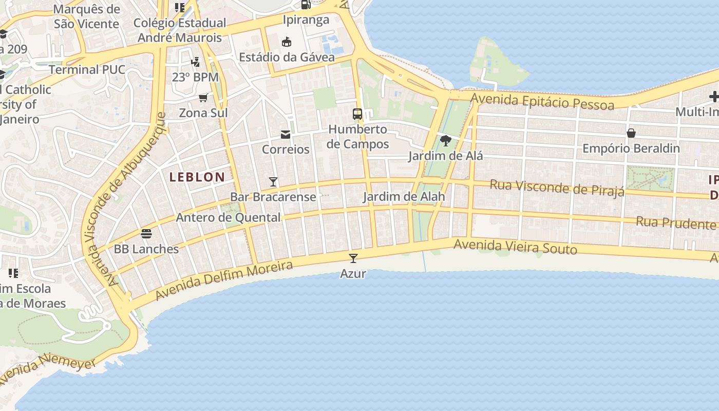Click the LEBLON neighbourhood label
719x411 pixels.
click(x=197, y=177)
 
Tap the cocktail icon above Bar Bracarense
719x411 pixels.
click(x=273, y=182)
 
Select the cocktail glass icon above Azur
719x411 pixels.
click(x=353, y=258)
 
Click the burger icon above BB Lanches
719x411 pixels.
click(x=146, y=234)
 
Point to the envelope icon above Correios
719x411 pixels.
click(x=286, y=135)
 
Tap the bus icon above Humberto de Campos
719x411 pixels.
click(x=357, y=114)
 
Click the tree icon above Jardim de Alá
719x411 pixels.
click(x=446, y=140)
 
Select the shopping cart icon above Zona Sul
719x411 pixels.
click(x=203, y=98)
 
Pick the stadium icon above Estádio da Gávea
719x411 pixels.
click(x=287, y=42)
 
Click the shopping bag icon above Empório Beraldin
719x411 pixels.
click(x=631, y=134)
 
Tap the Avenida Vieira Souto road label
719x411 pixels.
click(x=516, y=247)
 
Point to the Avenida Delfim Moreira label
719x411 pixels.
click(x=224, y=280)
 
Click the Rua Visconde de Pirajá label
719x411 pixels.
click(x=557, y=188)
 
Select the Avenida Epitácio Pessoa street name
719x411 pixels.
click(x=542, y=101)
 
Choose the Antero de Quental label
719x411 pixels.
click(x=228, y=217)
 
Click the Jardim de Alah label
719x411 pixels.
click(x=404, y=196)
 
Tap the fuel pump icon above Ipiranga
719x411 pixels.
click(x=306, y=5)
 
